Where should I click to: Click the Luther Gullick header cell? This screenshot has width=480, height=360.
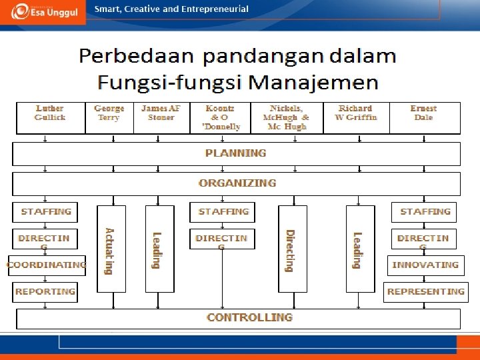(50, 113)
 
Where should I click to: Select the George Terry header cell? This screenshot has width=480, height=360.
(109, 113)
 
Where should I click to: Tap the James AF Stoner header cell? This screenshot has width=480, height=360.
(161, 113)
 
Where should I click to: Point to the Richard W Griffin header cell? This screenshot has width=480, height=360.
(356, 113)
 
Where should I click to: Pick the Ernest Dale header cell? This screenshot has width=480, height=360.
(423, 113)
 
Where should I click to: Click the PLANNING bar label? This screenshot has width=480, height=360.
(236, 153)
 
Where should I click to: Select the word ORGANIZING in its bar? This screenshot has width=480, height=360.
(237, 183)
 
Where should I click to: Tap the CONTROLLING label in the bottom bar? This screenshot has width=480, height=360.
(249, 317)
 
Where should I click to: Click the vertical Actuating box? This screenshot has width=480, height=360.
(111, 249)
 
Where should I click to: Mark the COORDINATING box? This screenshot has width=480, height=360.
(47, 265)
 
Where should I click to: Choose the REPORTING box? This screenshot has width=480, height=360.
(45, 291)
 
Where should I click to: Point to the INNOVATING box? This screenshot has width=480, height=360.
(425, 265)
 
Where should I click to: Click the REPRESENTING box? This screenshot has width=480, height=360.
(425, 291)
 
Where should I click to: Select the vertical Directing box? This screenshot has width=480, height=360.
(293, 249)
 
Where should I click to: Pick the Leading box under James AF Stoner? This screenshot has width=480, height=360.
(159, 249)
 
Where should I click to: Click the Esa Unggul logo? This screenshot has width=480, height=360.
(43, 11)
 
